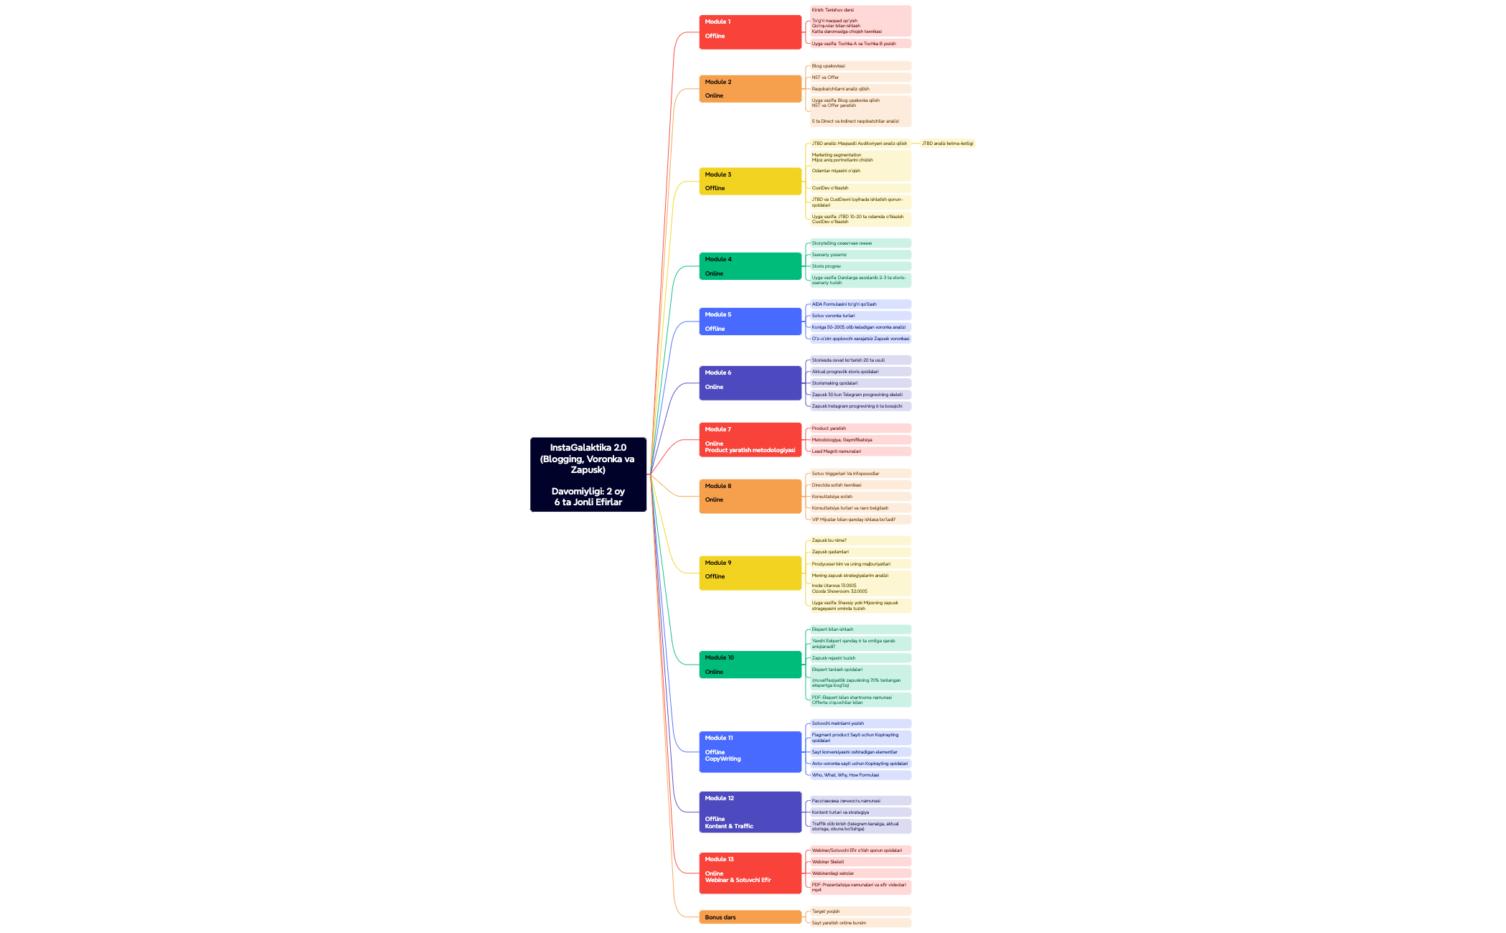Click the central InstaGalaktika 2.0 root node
click(588, 474)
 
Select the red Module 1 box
click(750, 32)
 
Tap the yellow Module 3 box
click(750, 181)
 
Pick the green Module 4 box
click(750, 266)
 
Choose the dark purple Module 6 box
click(750, 383)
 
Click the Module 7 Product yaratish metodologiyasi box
click(750, 440)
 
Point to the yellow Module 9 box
click(750, 573)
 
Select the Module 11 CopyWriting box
click(750, 751)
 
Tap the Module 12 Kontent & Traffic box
click(750, 812)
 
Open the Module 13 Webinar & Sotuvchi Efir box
click(750, 873)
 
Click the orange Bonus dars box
click(750, 917)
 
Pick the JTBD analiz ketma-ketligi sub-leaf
click(947, 144)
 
